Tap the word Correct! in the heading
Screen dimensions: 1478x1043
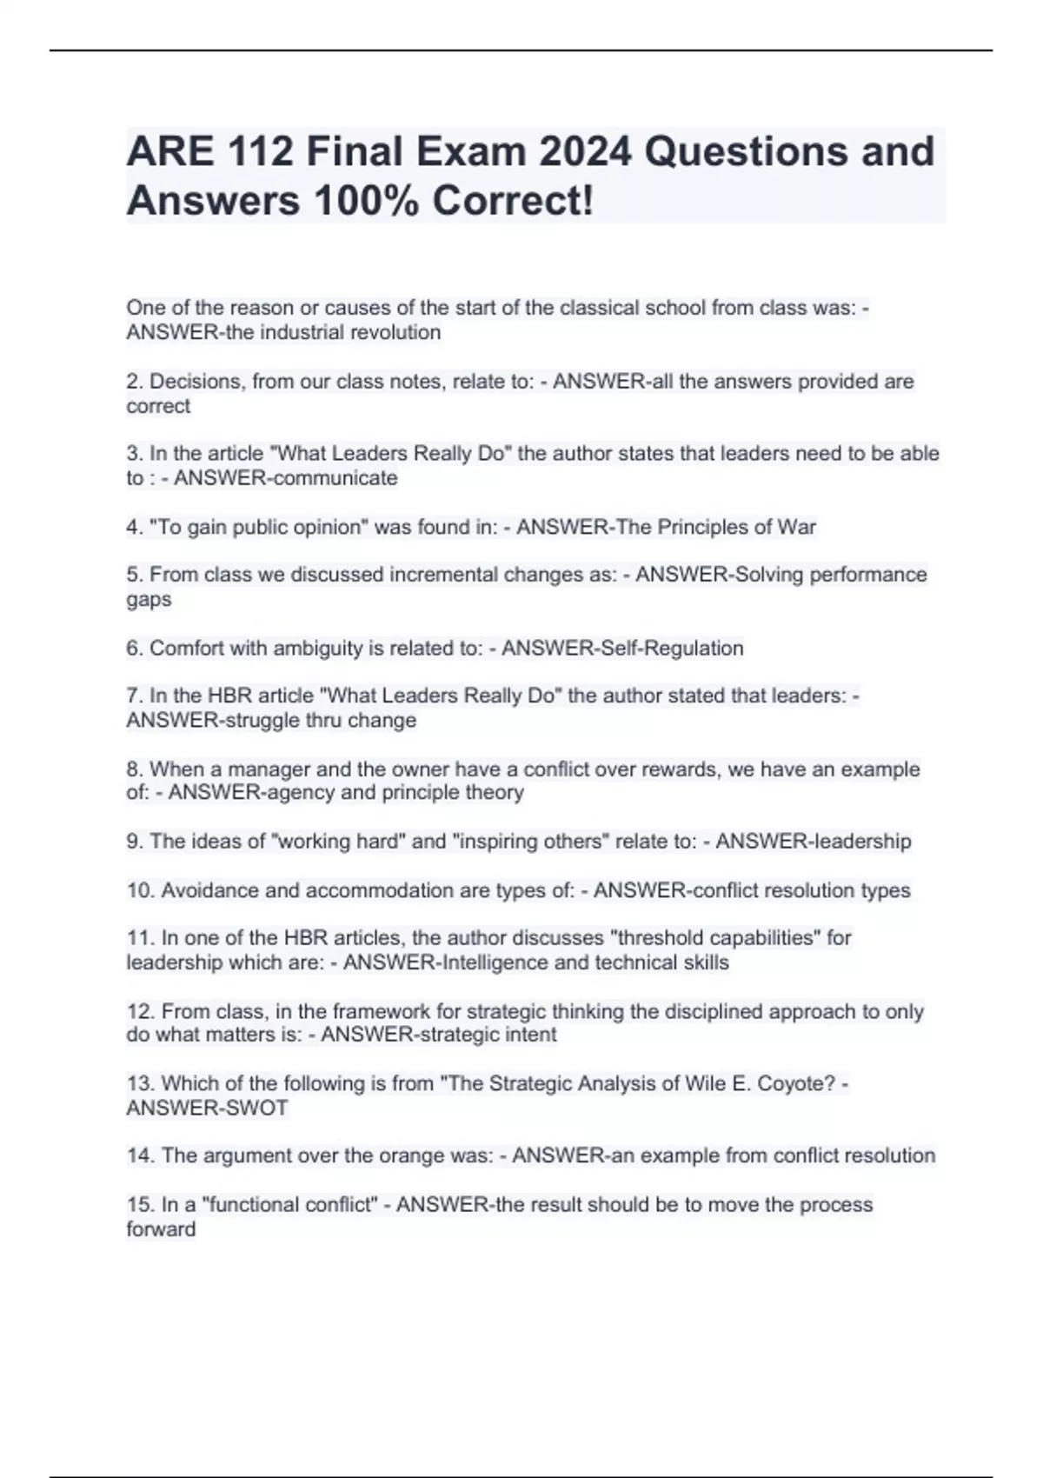(513, 202)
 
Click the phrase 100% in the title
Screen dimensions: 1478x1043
(368, 202)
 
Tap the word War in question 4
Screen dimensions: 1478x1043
(797, 527)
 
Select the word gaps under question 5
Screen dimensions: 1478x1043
(149, 600)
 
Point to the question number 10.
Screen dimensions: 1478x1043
(141, 890)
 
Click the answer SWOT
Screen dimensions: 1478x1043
(258, 1108)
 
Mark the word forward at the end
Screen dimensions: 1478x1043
(161, 1229)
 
